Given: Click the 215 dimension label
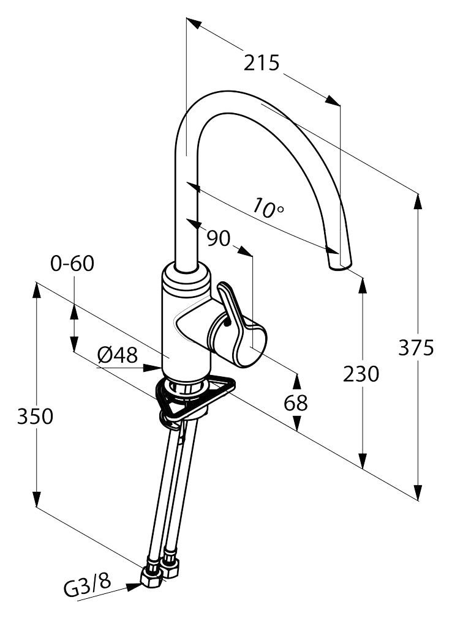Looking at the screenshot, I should coord(262,62).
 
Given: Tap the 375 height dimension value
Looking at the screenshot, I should coord(416,347).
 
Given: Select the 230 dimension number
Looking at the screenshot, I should coord(362,373).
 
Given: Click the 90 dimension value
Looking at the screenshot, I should coord(218,238).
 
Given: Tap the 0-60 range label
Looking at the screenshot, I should coord(72,264).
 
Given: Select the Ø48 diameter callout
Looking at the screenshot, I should coord(118,355).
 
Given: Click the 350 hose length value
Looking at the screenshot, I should coord(35,417).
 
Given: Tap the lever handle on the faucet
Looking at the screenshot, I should coord(235,311).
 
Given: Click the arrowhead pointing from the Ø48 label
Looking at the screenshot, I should coord(153,368).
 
